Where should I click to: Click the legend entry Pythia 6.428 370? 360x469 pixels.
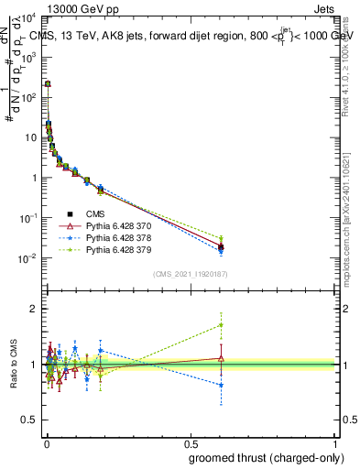tap(113, 225)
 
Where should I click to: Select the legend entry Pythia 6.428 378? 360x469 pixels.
tap(113, 237)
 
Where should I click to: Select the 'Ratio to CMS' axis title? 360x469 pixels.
tap(12, 365)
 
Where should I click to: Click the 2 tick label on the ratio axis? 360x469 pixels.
tap(33, 309)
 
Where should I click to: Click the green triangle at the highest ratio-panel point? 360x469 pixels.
tap(221, 324)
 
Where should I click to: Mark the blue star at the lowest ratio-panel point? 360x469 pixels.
tap(221, 386)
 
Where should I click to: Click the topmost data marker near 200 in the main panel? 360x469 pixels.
tap(48, 83)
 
